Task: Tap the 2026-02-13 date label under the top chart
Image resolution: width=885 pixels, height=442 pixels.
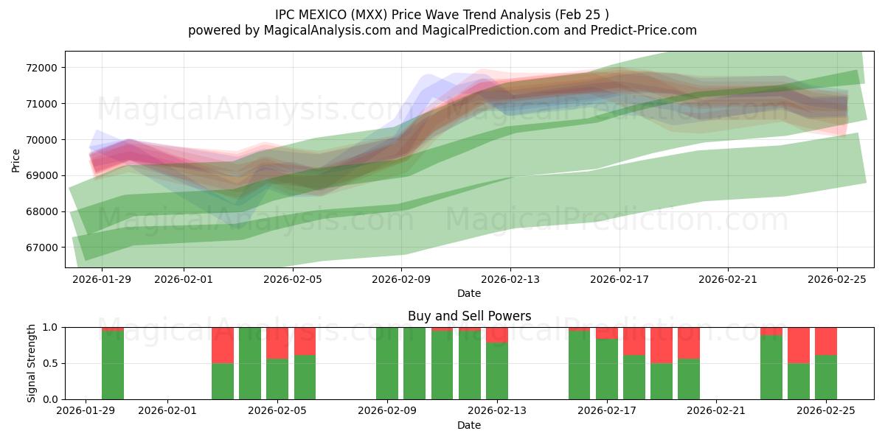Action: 510,280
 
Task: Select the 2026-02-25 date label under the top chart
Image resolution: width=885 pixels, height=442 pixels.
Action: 836,280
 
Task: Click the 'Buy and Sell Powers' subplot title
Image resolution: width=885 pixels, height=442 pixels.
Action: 469,316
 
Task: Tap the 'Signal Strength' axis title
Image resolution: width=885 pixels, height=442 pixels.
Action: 31,363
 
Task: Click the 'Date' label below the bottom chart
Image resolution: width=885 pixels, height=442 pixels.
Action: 469,425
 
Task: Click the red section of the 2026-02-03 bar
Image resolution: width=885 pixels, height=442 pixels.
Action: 223,345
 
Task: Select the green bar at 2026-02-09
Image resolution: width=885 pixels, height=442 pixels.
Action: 387,363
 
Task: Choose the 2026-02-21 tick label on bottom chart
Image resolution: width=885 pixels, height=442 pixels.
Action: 716,411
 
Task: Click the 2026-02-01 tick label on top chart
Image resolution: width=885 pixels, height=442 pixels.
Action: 184,280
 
